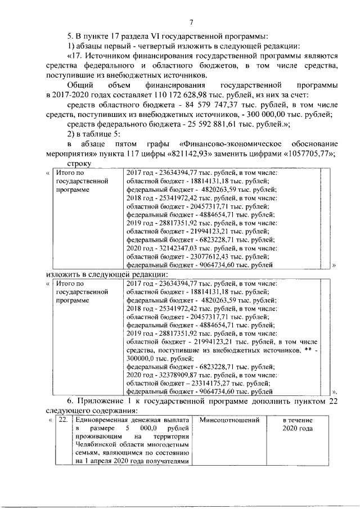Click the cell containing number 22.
click(x=64, y=420)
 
